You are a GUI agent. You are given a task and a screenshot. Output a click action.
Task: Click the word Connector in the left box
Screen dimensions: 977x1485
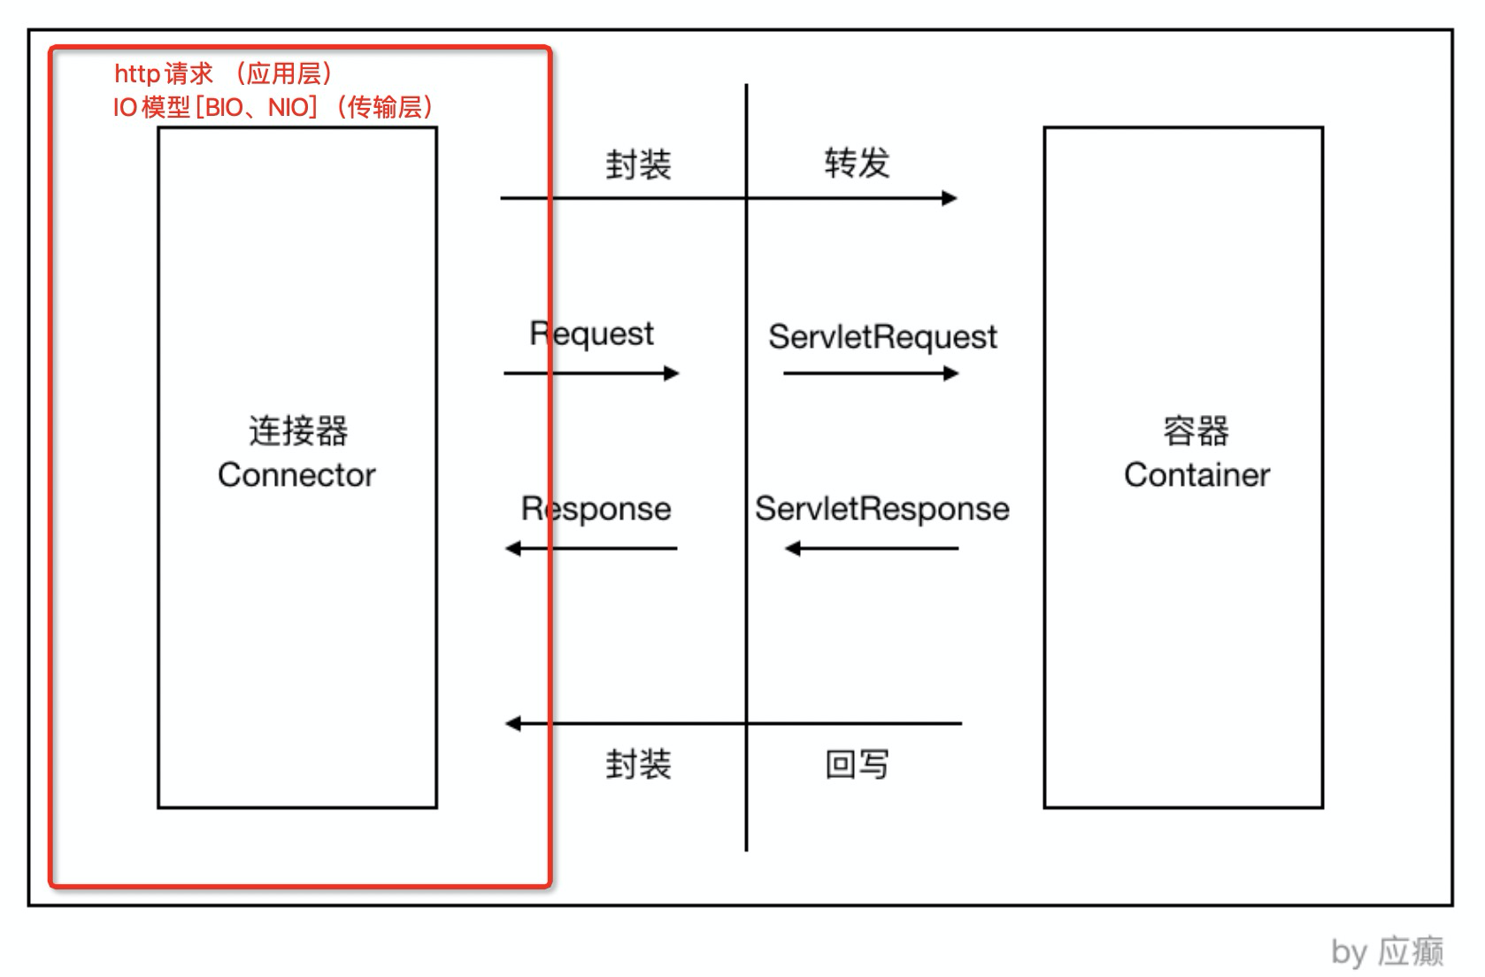[296, 475]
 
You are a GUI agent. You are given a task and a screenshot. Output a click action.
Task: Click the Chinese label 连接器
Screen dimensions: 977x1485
[297, 431]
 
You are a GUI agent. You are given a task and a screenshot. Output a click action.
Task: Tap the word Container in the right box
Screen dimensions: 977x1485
[1196, 475]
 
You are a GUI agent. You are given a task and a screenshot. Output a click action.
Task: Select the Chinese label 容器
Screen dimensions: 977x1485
[1196, 431]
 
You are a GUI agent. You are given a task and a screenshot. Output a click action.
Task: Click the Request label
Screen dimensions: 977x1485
[591, 334]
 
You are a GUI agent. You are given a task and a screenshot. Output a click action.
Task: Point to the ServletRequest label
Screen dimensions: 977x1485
[882, 337]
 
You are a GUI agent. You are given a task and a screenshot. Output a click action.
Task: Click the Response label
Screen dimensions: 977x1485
[596, 509]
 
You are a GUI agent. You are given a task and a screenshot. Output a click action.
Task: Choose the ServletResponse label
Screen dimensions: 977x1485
[881, 509]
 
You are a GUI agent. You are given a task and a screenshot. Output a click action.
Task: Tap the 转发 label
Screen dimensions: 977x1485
[857, 164]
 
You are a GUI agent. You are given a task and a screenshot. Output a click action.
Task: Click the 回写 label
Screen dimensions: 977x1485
[857, 764]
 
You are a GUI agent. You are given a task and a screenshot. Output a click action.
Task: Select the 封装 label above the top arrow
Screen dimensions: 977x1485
[638, 165]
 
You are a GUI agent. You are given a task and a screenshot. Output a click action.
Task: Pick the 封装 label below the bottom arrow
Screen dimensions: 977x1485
[638, 764]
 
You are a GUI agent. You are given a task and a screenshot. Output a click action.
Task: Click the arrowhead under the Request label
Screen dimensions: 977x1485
[672, 373]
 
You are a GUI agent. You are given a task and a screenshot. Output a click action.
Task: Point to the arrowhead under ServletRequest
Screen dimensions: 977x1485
[951, 373]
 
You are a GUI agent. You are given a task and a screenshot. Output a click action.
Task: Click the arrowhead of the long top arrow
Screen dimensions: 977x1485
[950, 198]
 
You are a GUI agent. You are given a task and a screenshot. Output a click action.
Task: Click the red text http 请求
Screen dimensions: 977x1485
[164, 73]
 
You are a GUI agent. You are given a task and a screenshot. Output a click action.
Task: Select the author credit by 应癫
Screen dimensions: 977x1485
[1387, 952]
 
